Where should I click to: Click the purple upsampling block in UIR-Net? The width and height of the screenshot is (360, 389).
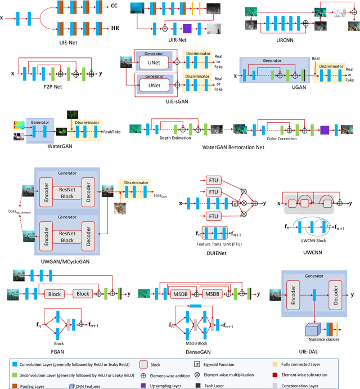tap(187, 28)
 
